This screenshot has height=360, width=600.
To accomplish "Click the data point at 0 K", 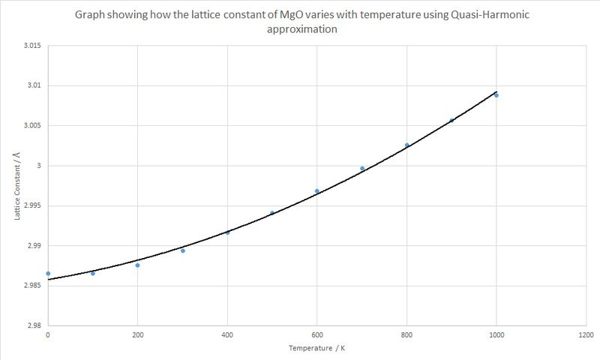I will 48,274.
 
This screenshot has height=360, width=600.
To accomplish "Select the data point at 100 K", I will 93,273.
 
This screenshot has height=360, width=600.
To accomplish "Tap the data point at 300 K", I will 183,250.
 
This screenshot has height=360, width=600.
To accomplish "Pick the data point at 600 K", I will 317,191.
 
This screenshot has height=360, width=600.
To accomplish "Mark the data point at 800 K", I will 407,145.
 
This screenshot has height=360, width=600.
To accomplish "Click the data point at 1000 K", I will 496,95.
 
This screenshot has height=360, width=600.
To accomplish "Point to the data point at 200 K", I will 138,265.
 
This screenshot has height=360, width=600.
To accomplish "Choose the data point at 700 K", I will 362,169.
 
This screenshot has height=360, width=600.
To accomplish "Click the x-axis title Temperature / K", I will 316,349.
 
